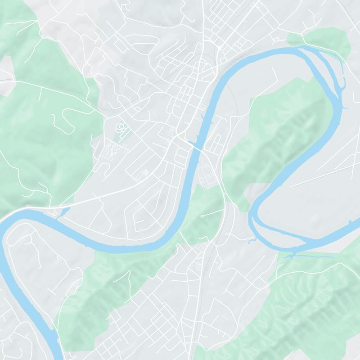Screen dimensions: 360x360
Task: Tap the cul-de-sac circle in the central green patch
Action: pos(202,217)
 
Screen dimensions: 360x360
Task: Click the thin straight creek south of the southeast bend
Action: pos(310,257)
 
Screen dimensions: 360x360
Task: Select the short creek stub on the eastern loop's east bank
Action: pos(346,108)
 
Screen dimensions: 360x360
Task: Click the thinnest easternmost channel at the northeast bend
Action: pos(342,72)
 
